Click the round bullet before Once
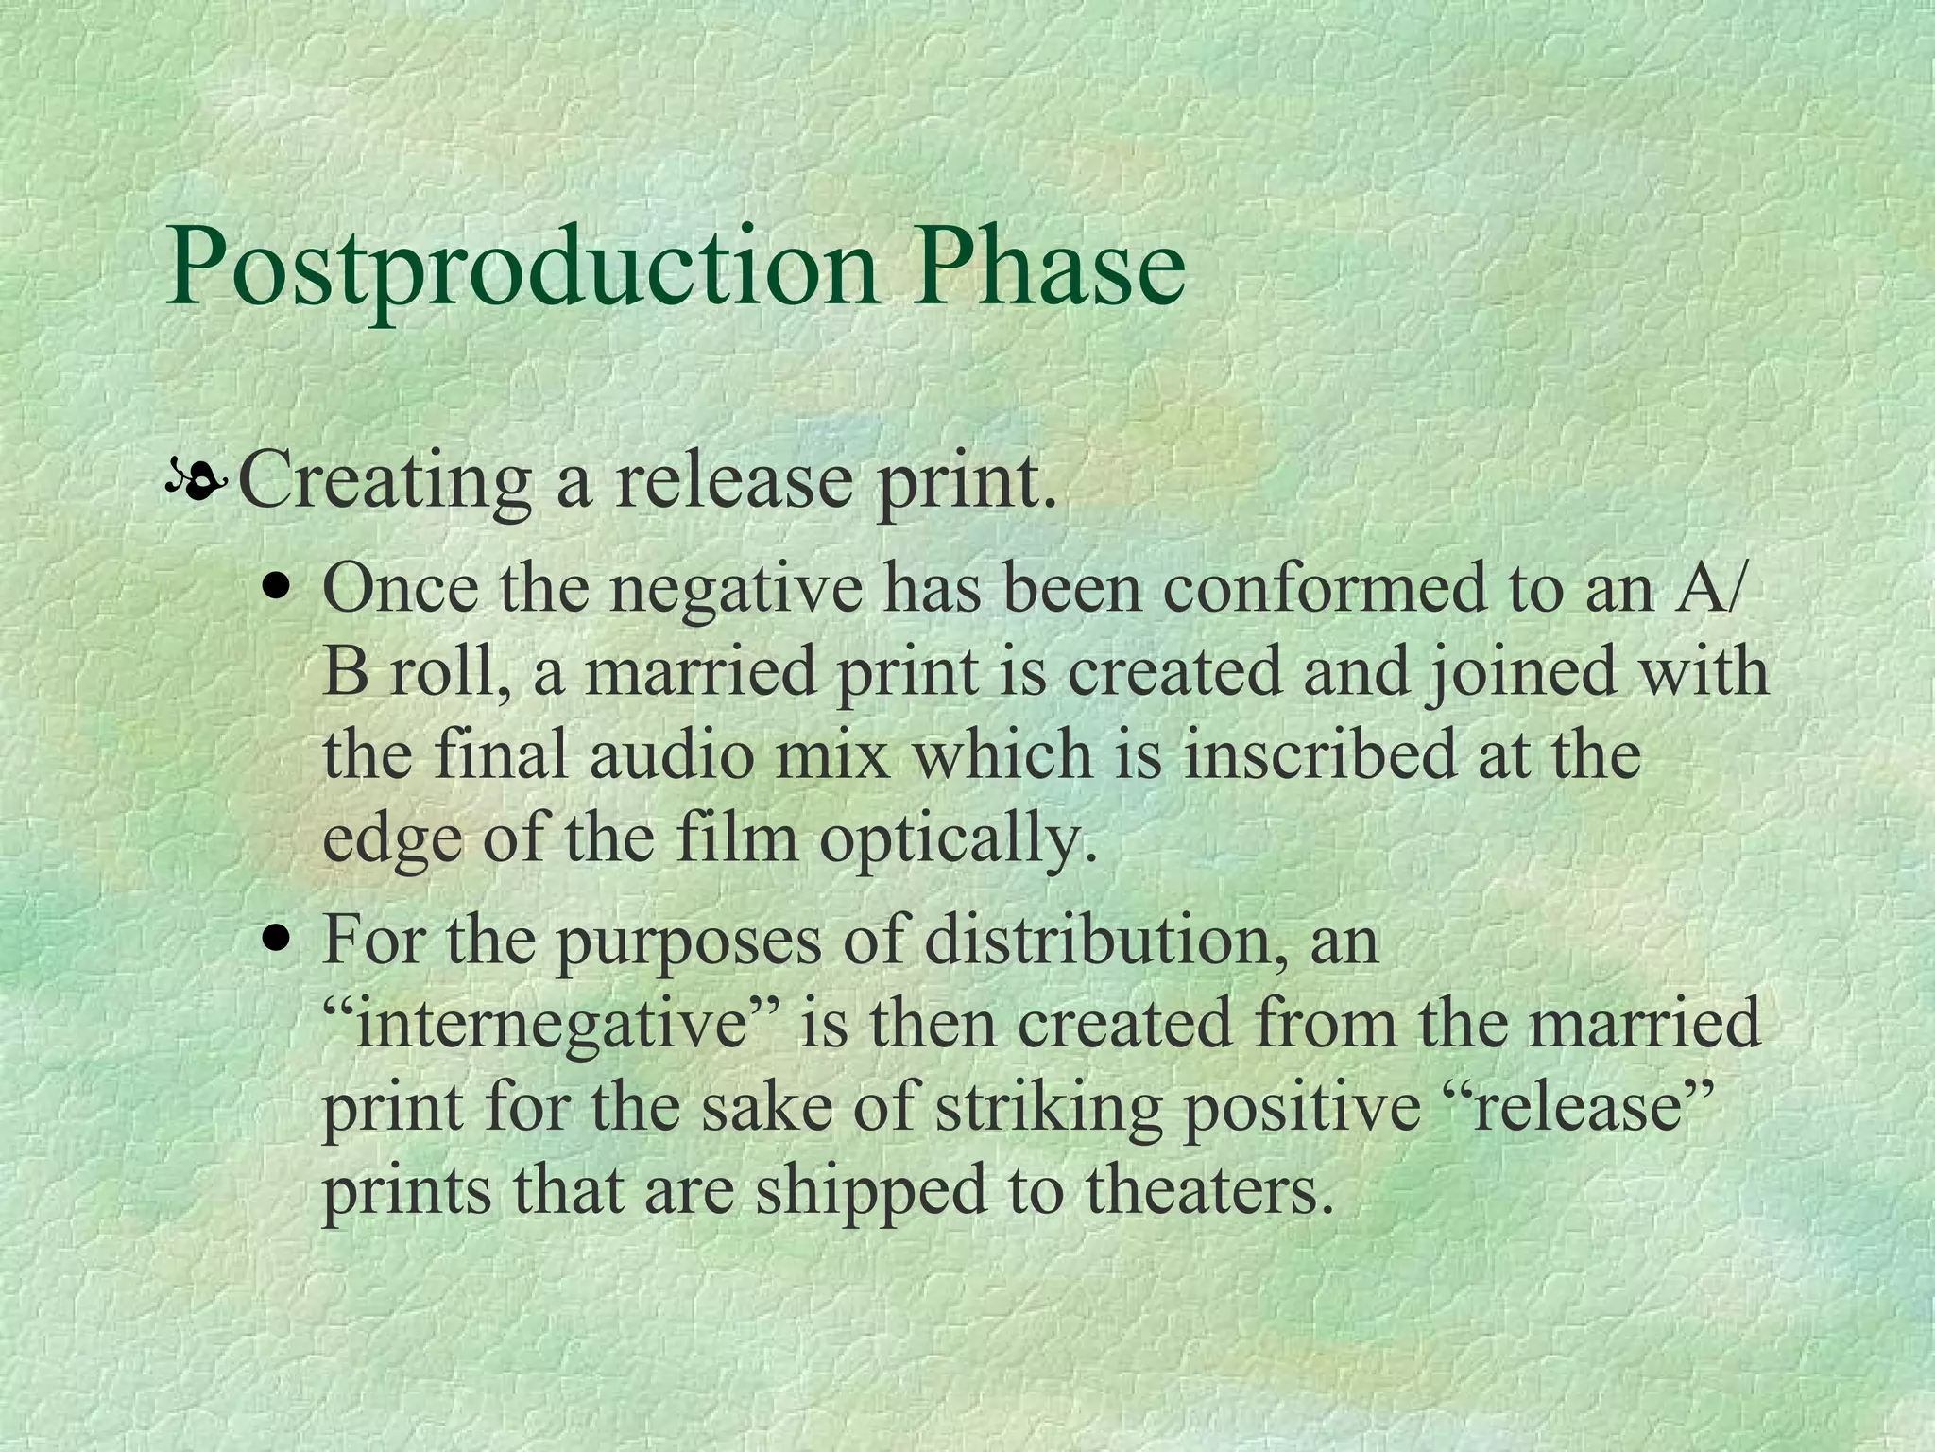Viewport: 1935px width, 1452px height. click(x=277, y=589)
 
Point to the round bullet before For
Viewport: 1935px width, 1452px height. click(x=277, y=941)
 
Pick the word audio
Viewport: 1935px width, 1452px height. click(x=672, y=754)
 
